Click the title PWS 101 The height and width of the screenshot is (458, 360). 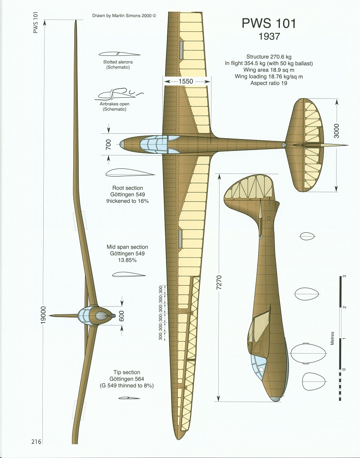click(269, 23)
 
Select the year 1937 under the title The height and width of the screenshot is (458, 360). click(269, 37)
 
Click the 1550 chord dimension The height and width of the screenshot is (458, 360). click(186, 81)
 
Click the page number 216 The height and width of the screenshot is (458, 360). click(36, 442)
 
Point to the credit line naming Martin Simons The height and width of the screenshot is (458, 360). click(124, 14)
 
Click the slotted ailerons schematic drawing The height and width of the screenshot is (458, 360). click(114, 54)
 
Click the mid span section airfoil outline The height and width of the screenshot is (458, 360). click(129, 274)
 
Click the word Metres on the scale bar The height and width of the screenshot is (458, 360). click(332, 338)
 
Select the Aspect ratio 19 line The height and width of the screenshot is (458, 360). click(269, 83)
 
